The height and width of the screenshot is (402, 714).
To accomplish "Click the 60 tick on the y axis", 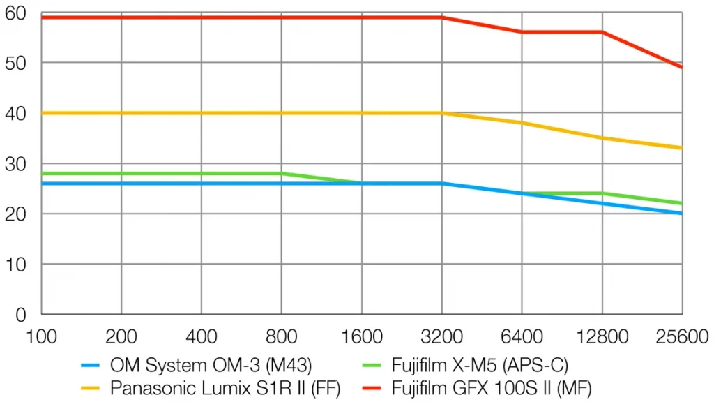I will coord(15,13).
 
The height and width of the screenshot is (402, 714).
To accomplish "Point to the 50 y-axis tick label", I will coord(15,63).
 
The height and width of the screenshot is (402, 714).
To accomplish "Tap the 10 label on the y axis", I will coord(15,265).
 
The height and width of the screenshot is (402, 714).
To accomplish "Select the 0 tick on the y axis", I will coord(20,315).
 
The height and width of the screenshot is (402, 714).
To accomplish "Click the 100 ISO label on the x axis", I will coord(42,338).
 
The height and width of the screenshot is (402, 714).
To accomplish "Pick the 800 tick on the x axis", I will coord(282,338).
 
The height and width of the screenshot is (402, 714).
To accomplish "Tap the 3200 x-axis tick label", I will coord(441,338).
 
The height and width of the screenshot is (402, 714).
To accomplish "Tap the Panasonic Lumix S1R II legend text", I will coord(225,385).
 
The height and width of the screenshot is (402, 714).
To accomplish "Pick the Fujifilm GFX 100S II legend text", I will coord(492,385).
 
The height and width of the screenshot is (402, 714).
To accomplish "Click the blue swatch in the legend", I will coord(92,364).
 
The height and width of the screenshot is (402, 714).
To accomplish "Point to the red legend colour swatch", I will coord(373,386).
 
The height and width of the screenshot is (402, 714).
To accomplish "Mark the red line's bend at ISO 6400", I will coord(522,32).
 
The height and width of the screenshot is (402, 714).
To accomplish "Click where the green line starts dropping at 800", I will coord(282,173).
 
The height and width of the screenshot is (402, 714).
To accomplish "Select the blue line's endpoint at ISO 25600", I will coord(681,214).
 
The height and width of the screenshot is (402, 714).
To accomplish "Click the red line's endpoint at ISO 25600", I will coord(681,68).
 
